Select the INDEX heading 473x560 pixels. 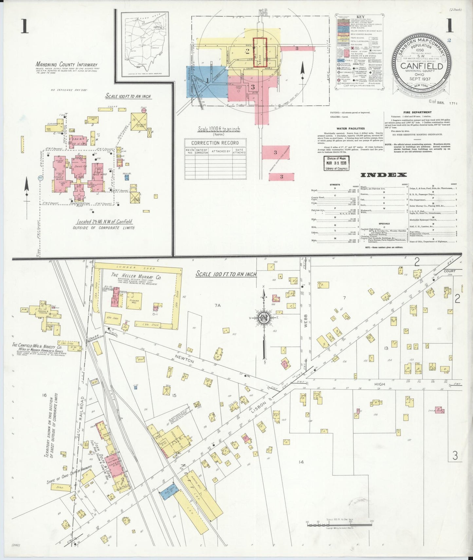(383, 175)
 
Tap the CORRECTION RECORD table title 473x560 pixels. (215, 143)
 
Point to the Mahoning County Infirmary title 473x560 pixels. (66, 65)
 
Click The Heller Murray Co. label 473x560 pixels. (136, 276)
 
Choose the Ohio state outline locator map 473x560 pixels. (145, 44)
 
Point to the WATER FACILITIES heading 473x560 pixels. (351, 129)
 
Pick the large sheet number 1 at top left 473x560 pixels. (25, 26)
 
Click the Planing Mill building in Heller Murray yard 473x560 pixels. (134, 300)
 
